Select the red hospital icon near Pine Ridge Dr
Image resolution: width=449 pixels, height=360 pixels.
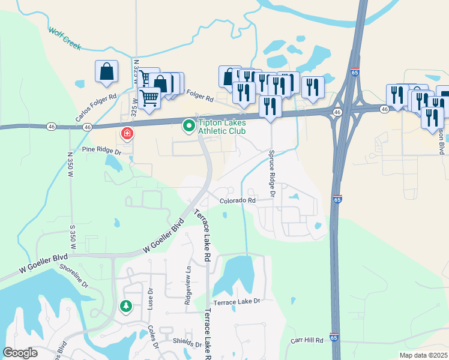(x=127, y=133)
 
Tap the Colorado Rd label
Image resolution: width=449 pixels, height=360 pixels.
(x=237, y=201)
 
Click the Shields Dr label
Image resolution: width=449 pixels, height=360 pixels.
(x=187, y=344)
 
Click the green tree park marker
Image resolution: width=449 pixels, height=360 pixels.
(x=126, y=307)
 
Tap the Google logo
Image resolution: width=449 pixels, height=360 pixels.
(x=20, y=353)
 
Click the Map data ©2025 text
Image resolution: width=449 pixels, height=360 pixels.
(x=423, y=355)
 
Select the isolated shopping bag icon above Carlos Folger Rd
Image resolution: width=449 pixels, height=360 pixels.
(x=106, y=71)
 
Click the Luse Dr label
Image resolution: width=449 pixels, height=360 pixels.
(x=150, y=298)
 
